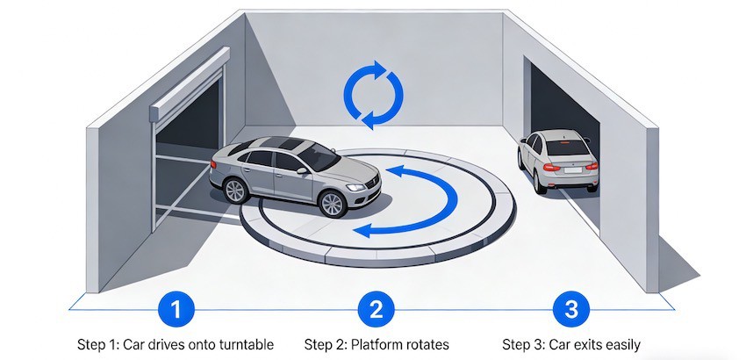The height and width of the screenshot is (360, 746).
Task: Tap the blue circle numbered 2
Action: tap(376, 309)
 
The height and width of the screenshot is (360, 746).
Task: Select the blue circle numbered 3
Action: tap(570, 309)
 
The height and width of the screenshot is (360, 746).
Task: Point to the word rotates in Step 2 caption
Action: tap(425, 343)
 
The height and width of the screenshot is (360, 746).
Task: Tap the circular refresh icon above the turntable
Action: tap(372, 94)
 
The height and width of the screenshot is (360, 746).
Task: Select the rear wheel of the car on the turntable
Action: tap(234, 190)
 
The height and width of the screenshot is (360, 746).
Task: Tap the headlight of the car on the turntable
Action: tap(355, 187)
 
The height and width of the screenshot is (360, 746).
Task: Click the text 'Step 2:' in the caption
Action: tap(326, 343)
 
